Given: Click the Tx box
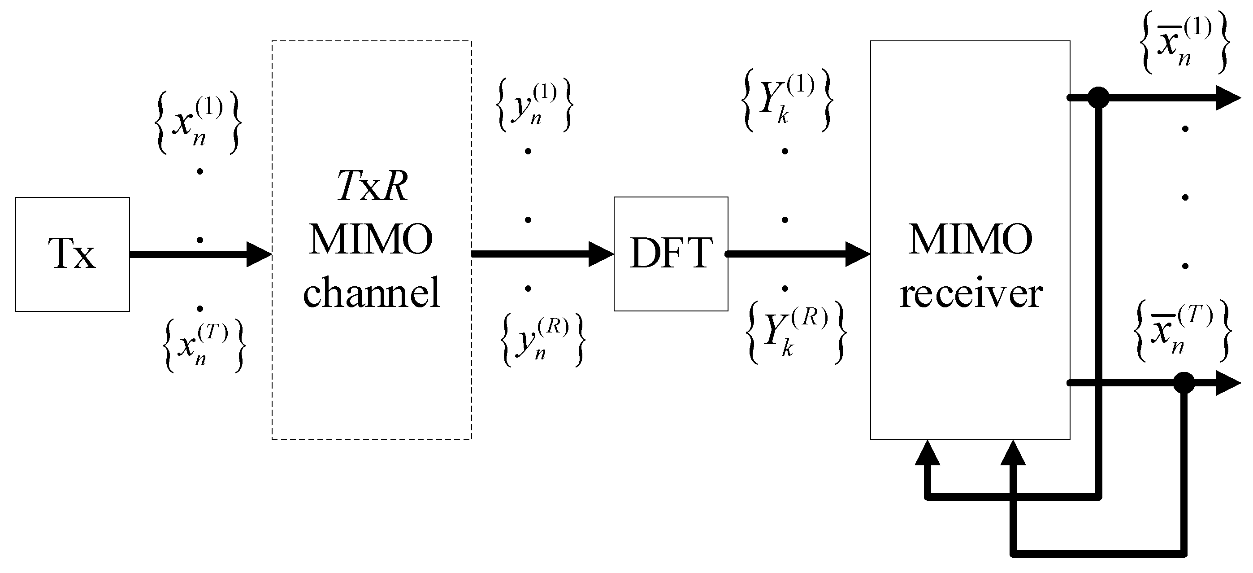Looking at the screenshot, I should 72,254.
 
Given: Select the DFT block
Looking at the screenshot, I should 670,254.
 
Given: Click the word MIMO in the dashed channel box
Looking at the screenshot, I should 371,240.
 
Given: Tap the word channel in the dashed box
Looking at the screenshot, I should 372,293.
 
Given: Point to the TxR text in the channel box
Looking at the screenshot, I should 372,187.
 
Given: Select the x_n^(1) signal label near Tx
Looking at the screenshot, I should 197,123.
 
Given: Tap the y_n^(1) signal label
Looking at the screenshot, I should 534,105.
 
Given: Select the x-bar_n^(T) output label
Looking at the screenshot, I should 1182,331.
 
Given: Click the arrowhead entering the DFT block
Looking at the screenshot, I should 601,254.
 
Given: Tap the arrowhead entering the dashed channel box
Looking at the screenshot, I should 259,254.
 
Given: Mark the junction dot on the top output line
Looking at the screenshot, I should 1098,97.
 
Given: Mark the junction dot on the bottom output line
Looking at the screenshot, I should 1184,383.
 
